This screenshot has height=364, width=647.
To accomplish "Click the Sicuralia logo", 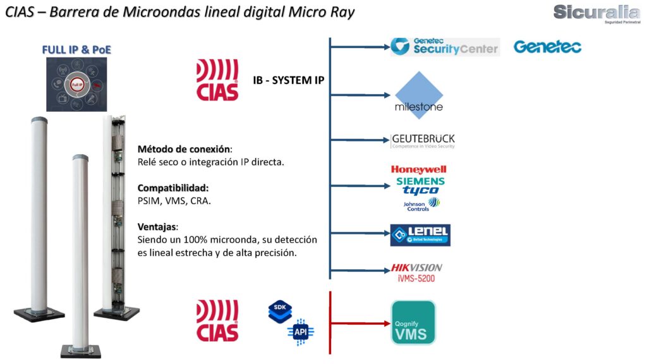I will [x=596, y=13].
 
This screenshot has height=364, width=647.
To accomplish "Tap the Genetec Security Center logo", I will [x=445, y=47].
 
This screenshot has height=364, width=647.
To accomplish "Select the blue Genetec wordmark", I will [x=547, y=47].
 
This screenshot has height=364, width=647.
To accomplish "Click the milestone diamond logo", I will [x=418, y=95].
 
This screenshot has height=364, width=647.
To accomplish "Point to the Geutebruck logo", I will [x=423, y=141].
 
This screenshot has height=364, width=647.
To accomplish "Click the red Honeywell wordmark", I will [x=418, y=169].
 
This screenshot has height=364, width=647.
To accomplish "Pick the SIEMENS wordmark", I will [x=420, y=181].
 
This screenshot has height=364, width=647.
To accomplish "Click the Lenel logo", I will [x=420, y=235].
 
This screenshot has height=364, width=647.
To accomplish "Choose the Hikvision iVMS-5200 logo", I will [x=416, y=272].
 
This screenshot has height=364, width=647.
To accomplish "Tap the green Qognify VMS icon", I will [x=413, y=323].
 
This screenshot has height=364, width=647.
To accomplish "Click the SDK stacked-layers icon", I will [x=280, y=311].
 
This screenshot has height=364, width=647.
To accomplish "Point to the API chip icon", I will [x=300, y=331].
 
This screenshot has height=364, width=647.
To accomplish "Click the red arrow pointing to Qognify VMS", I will [x=360, y=323].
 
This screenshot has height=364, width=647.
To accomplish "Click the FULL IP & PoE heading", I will [x=76, y=49].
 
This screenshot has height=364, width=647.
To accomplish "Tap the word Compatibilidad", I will [x=172, y=188].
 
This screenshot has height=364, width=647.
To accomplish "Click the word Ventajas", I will [x=157, y=226].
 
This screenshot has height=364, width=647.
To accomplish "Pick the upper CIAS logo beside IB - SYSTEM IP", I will [x=217, y=80].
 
